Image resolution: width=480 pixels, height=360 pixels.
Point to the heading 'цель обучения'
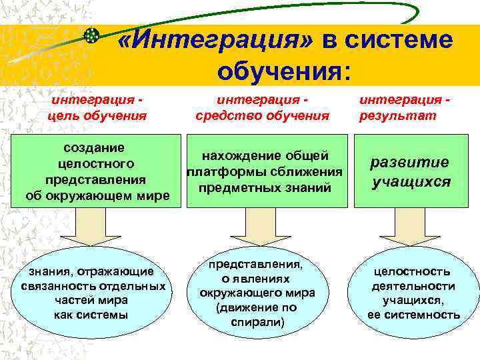click(97, 115)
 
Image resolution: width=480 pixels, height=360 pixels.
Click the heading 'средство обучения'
click(262, 115)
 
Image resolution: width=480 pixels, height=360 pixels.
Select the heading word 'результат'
click(398, 115)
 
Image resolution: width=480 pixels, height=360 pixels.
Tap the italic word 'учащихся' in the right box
click(412, 181)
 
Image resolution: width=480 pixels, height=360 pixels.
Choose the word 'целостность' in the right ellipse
click(412, 271)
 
